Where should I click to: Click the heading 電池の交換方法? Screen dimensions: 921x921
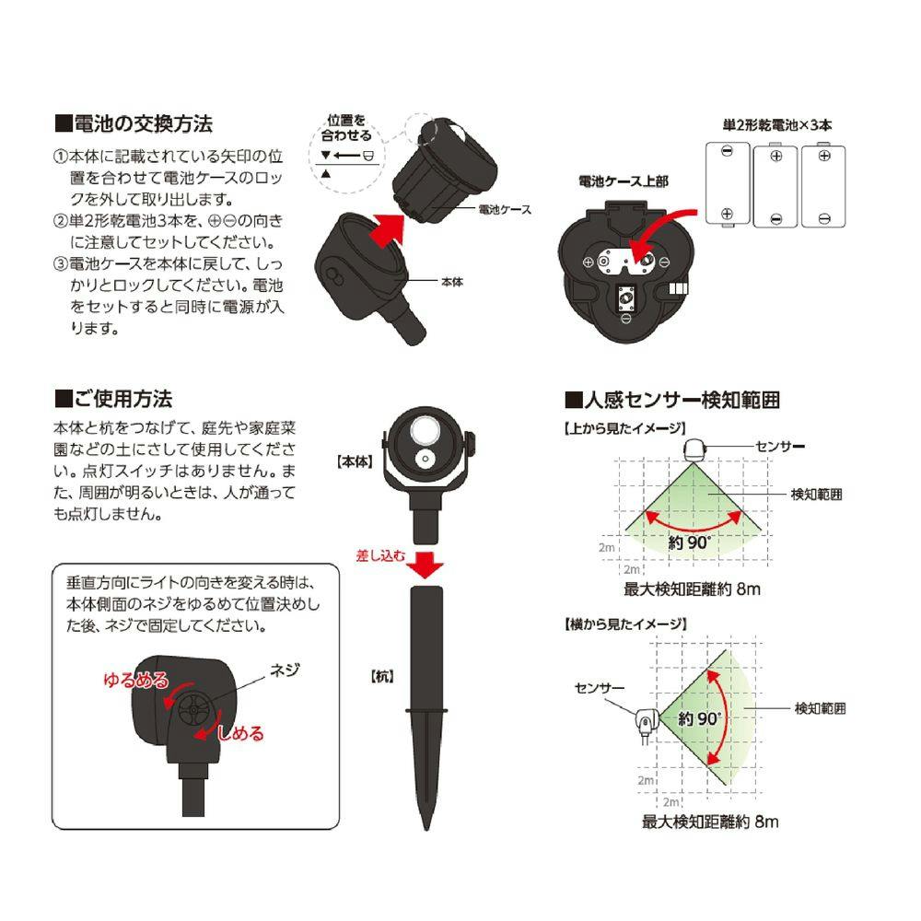click(x=134, y=124)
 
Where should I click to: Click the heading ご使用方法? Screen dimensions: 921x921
click(x=113, y=399)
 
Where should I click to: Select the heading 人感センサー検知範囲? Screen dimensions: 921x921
click(x=672, y=400)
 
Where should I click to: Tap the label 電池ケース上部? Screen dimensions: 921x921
click(x=624, y=181)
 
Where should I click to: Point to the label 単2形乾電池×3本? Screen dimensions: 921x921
click(x=777, y=125)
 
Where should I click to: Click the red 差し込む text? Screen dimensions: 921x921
click(x=380, y=555)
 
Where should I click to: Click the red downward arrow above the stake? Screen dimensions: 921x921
click(x=426, y=565)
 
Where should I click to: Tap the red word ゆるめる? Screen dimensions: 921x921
click(x=135, y=680)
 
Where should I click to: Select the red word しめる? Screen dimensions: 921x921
click(x=240, y=733)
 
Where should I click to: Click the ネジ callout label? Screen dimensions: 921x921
click(x=285, y=670)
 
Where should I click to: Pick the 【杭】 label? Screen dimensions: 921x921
click(x=382, y=677)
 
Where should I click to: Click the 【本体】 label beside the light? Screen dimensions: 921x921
click(x=355, y=461)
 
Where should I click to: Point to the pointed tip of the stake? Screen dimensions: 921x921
click(x=426, y=830)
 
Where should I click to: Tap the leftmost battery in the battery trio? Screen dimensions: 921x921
click(x=728, y=184)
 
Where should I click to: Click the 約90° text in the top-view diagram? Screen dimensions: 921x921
click(x=690, y=542)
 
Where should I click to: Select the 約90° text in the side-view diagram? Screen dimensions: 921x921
click(x=699, y=718)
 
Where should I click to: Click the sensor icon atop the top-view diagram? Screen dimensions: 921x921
click(x=694, y=450)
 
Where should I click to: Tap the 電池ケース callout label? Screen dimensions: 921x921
click(x=505, y=210)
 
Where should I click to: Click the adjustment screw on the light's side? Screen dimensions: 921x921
click(x=193, y=710)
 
